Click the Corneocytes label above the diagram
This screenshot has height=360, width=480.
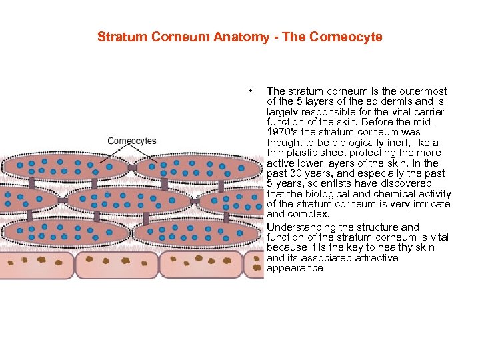pyautogui.click(x=132, y=141)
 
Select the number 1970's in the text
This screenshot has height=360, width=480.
pyautogui.click(x=283, y=133)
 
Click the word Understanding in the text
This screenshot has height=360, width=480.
pyautogui.click(x=298, y=227)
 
